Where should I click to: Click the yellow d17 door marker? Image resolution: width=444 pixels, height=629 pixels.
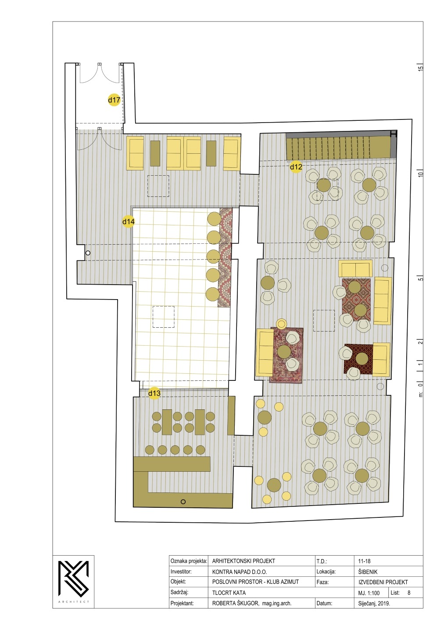(x=114, y=100)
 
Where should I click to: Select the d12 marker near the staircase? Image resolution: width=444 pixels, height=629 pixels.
(x=296, y=167)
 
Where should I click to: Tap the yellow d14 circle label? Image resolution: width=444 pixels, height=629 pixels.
(x=129, y=221)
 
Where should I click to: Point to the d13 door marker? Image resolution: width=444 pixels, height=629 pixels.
(x=154, y=393)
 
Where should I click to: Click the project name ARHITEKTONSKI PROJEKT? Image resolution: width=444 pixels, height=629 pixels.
(x=243, y=561)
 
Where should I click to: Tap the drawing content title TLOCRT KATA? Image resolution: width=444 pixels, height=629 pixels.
(x=229, y=593)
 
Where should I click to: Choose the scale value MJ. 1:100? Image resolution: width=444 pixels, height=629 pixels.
(x=369, y=593)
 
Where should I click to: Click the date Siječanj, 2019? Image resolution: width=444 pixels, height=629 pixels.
(x=374, y=603)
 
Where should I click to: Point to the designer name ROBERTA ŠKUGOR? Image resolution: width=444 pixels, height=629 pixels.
(x=235, y=603)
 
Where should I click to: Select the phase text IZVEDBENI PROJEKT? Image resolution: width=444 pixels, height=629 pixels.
(x=383, y=582)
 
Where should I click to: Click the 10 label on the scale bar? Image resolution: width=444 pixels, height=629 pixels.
(x=420, y=173)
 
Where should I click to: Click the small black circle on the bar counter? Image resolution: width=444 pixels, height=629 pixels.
(x=183, y=502)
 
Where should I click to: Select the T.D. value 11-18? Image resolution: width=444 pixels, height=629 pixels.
(x=364, y=561)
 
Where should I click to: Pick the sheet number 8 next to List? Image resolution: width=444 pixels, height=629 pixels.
(x=408, y=593)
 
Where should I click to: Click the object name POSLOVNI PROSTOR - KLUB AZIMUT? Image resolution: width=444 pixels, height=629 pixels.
(x=255, y=582)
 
